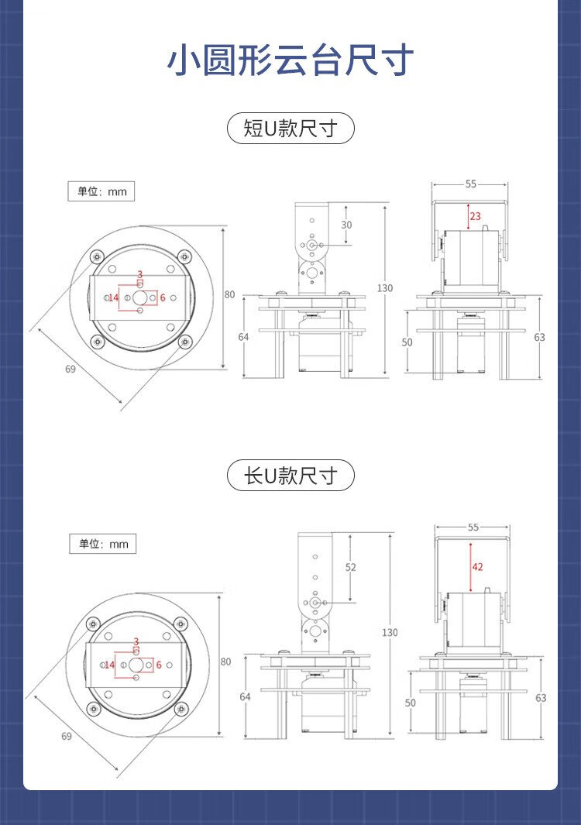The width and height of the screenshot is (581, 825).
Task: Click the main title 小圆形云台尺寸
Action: [290, 61]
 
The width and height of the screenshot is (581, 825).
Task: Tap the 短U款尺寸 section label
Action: [290, 128]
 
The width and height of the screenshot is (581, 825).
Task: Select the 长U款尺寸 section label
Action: [290, 475]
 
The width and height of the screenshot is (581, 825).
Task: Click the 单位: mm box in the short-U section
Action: [101, 191]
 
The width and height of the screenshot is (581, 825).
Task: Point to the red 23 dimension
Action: [475, 216]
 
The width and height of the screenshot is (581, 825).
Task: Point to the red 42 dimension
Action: [477, 567]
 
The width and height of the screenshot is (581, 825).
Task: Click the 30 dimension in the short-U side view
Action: [346, 225]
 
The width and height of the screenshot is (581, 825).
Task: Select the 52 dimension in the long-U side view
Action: [350, 567]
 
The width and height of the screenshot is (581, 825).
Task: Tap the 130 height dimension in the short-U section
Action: [385, 288]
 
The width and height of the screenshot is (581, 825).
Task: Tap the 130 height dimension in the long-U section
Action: [390, 633]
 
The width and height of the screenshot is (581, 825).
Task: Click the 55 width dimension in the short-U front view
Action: [471, 184]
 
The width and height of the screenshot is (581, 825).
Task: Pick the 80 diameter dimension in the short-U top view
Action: [229, 294]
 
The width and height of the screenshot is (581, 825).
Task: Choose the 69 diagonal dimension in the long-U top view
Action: [66, 736]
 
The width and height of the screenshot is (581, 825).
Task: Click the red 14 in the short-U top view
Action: [113, 297]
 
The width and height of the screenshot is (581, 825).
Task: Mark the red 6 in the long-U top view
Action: [159, 665]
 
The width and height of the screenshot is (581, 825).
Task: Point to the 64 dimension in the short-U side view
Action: [244, 337]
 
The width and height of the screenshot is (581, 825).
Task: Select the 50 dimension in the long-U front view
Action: [411, 703]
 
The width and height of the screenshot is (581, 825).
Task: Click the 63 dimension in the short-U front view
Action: [540, 337]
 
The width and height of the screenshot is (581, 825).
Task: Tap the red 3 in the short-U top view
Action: [139, 274]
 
